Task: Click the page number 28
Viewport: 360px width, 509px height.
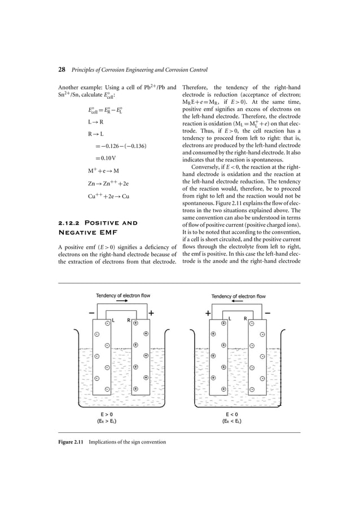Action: pos(62,71)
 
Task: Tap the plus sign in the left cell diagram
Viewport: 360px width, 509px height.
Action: pos(152,312)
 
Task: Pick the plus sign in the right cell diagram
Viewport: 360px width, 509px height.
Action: pos(208,312)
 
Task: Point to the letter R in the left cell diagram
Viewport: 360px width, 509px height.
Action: pos(129,319)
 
